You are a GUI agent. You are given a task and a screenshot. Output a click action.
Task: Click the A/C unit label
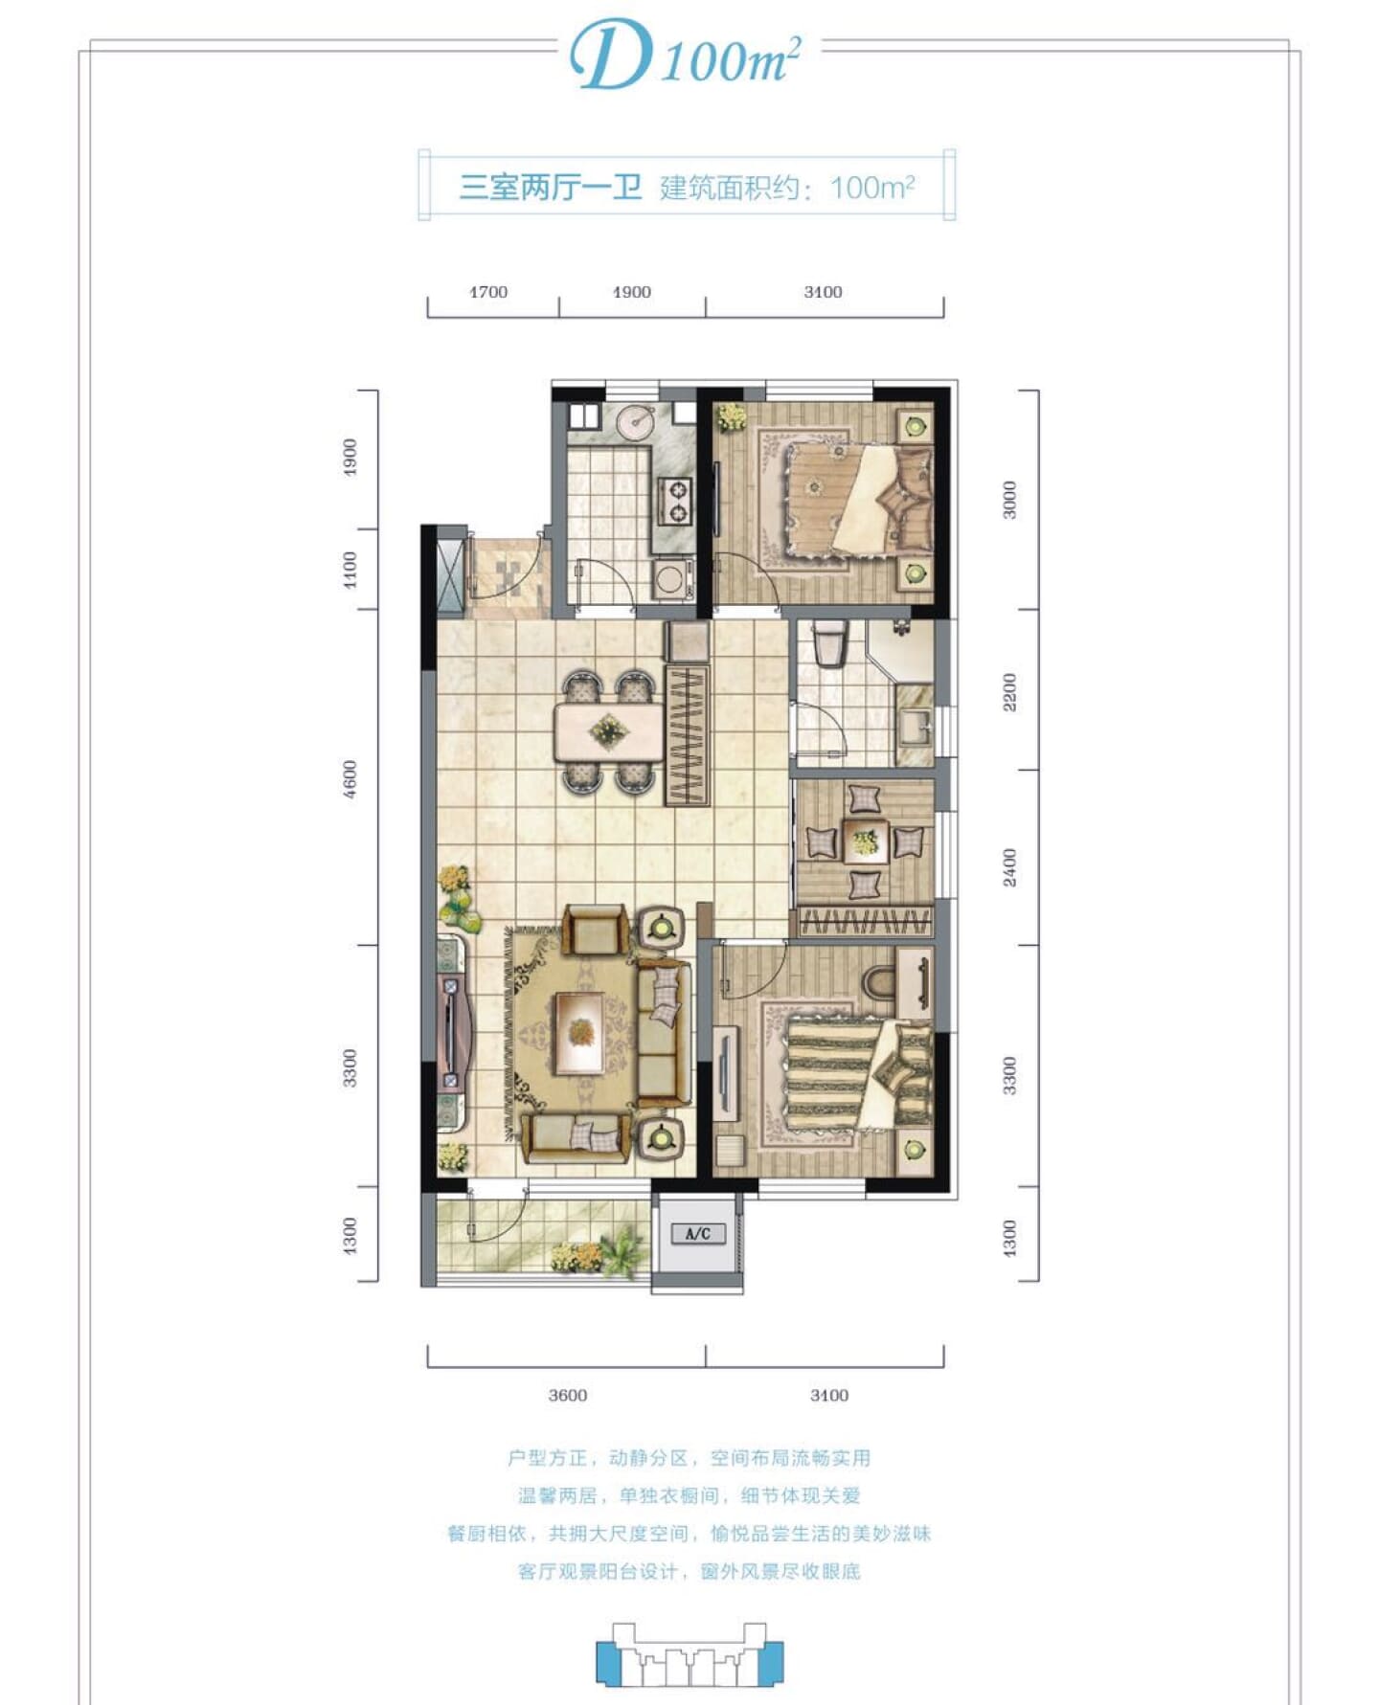point(698,1233)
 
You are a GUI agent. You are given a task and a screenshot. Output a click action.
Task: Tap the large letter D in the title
point(611,56)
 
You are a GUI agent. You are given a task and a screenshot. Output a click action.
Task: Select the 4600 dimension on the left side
point(350,778)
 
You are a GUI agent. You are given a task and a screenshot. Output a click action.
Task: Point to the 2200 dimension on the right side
point(1009,691)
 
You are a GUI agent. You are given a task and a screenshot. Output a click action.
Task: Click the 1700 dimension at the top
point(488,292)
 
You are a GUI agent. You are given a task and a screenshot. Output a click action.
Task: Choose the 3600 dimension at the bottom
point(568,1395)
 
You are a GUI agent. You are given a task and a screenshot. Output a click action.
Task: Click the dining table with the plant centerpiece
point(609,732)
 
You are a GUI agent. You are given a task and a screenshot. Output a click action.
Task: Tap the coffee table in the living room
point(579,1033)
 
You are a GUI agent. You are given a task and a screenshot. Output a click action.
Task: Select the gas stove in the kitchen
point(676,503)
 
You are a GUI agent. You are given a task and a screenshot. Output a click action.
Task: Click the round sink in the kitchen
point(635,421)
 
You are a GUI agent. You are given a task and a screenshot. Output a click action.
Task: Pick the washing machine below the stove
point(673,579)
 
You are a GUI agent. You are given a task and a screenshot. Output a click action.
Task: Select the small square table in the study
point(865,841)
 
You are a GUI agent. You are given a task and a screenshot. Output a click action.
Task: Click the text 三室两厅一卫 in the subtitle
point(551,187)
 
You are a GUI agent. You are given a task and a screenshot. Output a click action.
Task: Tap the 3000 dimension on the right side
point(1009,500)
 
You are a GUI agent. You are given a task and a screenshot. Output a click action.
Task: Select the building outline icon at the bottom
point(689,1652)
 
